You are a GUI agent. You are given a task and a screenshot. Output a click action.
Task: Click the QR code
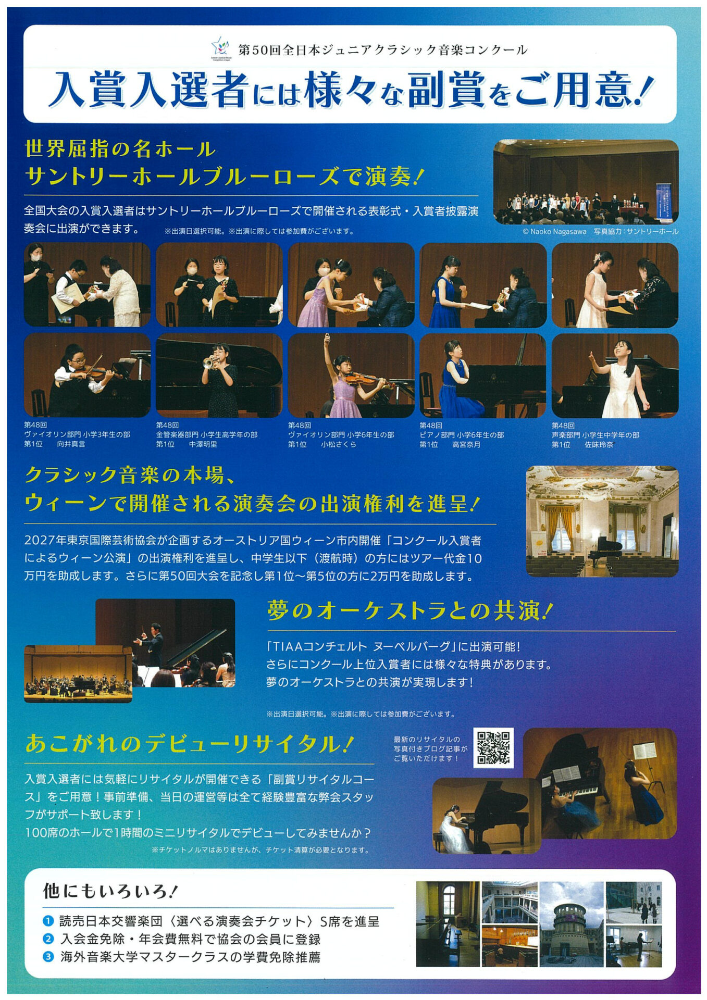(x=493, y=748)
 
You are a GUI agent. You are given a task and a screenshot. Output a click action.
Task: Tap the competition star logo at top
(x=220, y=48)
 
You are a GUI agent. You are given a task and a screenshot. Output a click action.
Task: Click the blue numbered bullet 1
(x=48, y=921)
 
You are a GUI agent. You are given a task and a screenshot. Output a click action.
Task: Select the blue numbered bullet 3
(x=48, y=957)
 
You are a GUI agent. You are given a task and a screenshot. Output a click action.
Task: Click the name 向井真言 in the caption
(x=71, y=444)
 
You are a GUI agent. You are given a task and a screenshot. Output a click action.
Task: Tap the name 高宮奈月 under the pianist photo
(x=466, y=444)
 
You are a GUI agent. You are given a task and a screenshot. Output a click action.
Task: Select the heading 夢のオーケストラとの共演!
(x=410, y=611)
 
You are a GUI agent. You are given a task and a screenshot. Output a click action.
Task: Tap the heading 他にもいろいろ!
(x=110, y=891)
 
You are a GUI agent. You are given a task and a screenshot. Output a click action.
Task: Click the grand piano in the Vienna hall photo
(x=605, y=549)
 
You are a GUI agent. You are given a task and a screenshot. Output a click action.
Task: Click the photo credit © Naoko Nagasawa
(x=554, y=231)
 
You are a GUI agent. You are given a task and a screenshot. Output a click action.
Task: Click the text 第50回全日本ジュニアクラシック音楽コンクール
(x=383, y=50)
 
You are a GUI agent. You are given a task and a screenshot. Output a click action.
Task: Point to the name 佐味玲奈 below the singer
(x=599, y=444)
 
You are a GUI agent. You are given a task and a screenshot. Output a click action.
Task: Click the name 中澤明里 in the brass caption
(x=203, y=444)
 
